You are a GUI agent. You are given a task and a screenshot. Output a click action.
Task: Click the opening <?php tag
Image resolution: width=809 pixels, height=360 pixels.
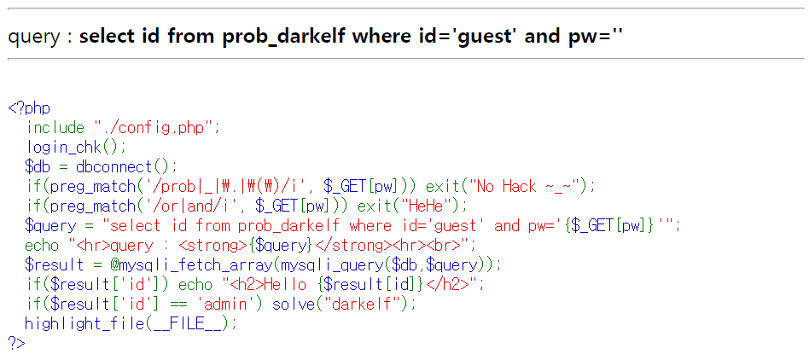click(x=29, y=108)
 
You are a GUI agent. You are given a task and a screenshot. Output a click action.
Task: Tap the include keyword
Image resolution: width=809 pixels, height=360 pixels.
click(x=55, y=128)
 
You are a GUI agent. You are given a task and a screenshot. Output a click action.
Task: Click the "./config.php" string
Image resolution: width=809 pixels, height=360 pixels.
click(x=158, y=128)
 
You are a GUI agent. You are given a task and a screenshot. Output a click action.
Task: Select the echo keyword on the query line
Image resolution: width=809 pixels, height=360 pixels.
click(x=43, y=245)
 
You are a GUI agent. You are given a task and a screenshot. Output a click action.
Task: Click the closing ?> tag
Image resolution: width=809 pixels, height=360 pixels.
click(x=17, y=343)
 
